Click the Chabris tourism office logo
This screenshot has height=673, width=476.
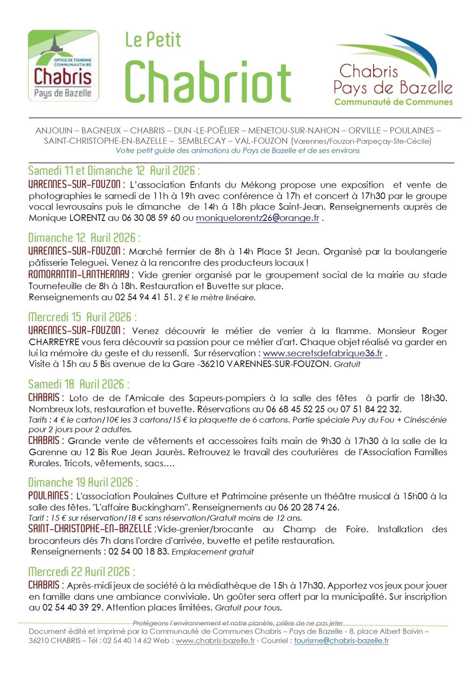coord(63,66)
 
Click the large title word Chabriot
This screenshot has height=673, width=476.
coord(208,81)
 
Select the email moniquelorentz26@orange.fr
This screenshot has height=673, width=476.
coord(258,218)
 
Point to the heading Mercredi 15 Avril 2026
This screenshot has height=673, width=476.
coord(83,318)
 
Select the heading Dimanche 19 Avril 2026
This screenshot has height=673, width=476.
coord(84,483)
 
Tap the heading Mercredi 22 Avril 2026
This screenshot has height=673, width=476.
coord(81,572)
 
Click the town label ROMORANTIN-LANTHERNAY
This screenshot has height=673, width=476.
coord(79,275)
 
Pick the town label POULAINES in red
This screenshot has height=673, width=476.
coord(50,496)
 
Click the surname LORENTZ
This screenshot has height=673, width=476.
coord(87,218)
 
